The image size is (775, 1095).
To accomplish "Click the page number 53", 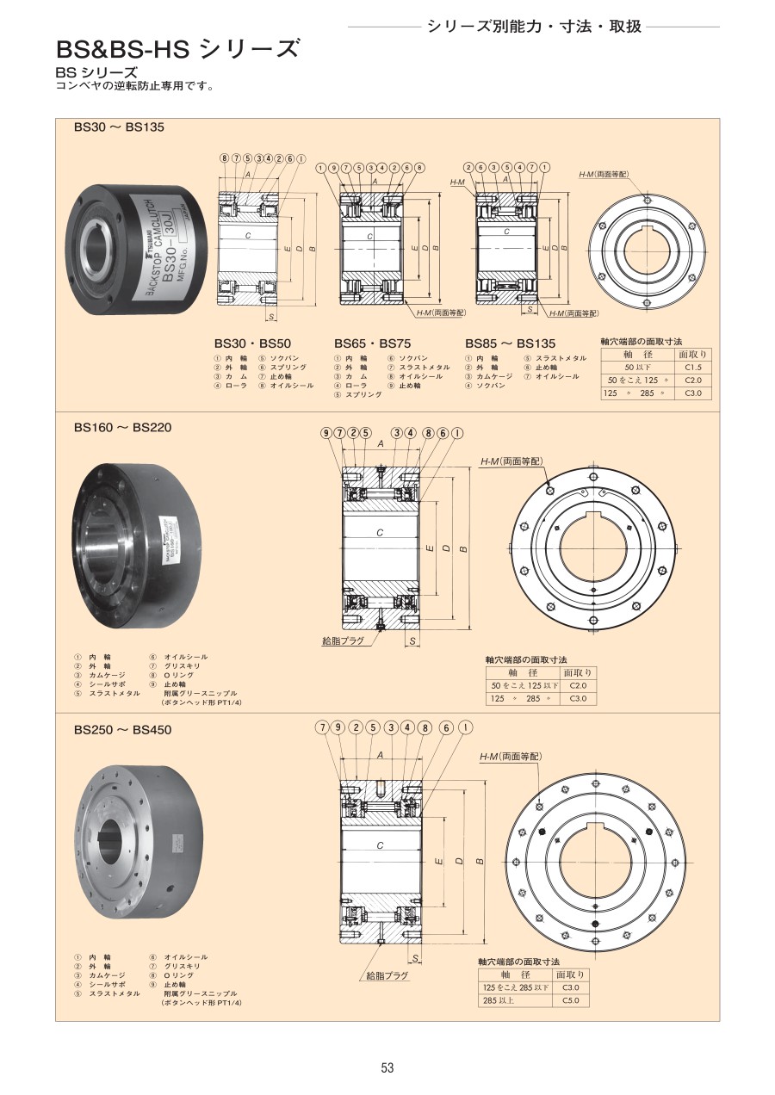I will click(387, 1067).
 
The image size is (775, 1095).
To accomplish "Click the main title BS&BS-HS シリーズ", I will click(178, 48).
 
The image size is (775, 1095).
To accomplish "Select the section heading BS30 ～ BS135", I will click(118, 127).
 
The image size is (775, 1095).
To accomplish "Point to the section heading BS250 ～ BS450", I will click(122, 730).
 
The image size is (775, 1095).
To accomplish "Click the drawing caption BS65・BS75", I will click(372, 342).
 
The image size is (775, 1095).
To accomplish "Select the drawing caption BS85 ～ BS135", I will click(510, 342).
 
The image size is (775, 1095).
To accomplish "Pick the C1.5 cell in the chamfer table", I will click(692, 367).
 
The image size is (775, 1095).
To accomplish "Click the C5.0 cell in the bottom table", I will click(570, 1000).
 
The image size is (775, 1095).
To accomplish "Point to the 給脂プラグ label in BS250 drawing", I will click(387, 976).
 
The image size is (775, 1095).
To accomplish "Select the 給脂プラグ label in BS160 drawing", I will click(343, 641).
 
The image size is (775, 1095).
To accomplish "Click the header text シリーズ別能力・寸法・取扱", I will click(534, 26).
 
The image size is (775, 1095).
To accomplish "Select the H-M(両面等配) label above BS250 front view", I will click(511, 757).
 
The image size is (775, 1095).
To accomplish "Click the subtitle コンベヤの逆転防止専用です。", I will click(135, 86).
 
